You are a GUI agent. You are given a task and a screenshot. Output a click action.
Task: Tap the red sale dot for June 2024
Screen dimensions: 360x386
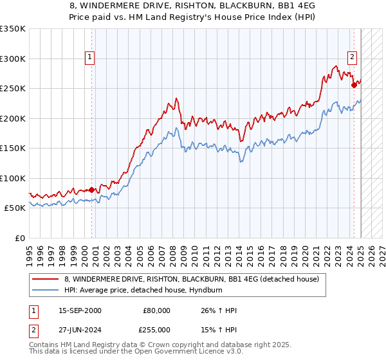[354, 85]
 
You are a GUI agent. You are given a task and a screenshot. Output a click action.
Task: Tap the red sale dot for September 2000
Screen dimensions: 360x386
[91, 190]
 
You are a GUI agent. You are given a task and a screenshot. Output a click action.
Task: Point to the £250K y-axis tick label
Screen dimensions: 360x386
[12, 88]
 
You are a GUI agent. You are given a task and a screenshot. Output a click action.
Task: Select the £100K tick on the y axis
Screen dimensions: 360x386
[12, 178]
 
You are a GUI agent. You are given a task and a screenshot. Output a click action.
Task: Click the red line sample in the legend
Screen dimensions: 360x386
[46, 280]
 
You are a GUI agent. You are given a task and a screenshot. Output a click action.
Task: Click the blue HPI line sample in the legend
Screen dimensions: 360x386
[46, 291]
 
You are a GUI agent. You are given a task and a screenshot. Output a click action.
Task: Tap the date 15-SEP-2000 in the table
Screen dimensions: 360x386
[79, 310]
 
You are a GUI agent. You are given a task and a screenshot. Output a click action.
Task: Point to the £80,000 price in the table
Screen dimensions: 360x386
[156, 310]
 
